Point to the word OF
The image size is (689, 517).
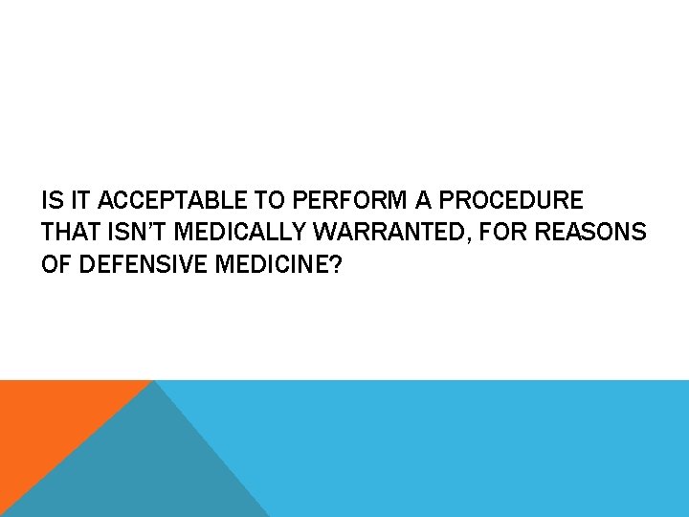pyautogui.click(x=56, y=263)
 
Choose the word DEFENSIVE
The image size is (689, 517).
pyautogui.click(x=137, y=263)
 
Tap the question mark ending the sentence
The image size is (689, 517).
pyautogui.click(x=335, y=263)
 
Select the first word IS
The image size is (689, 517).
pyautogui.click(x=51, y=202)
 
